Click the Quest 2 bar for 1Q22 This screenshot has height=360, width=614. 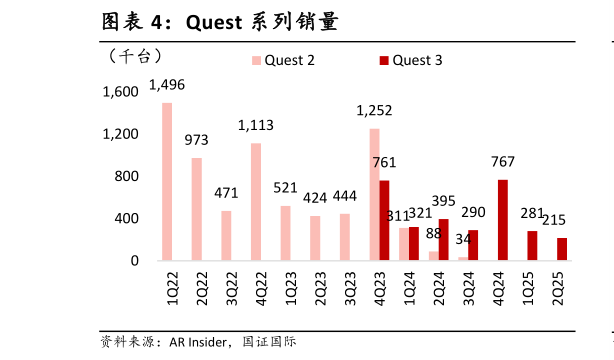[167, 181]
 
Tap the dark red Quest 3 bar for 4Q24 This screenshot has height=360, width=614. [502, 220]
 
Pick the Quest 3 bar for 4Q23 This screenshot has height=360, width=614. [384, 220]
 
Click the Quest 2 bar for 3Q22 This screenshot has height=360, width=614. [226, 235]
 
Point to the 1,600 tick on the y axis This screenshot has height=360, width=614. [120, 92]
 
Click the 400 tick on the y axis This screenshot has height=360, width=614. [126, 219]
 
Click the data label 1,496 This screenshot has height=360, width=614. [167, 85]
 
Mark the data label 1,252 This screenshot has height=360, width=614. [374, 111]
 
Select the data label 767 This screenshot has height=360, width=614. [503, 162]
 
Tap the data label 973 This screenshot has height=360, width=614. [196, 141]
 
